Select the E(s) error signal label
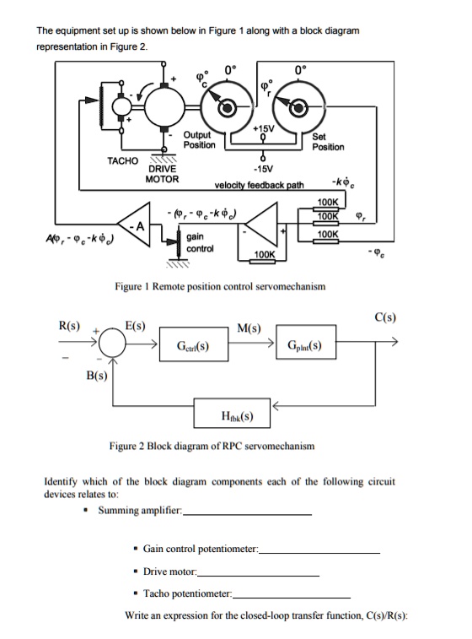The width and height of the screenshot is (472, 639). click(134, 325)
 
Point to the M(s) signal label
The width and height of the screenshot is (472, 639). click(249, 328)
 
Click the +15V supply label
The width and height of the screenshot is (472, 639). click(264, 127)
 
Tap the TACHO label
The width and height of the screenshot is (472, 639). click(122, 160)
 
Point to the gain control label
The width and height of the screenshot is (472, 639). click(201, 243)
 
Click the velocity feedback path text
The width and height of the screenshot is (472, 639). click(259, 185)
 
